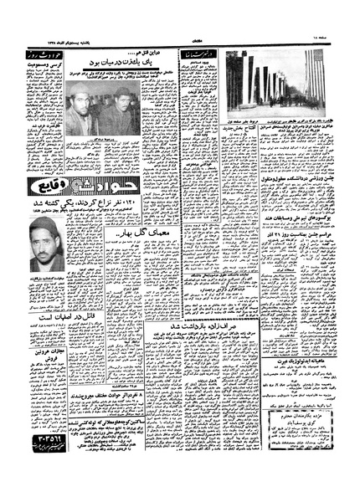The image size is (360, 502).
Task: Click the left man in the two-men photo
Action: (x=81, y=109)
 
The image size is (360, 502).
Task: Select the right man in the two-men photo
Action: (x=124, y=109)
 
